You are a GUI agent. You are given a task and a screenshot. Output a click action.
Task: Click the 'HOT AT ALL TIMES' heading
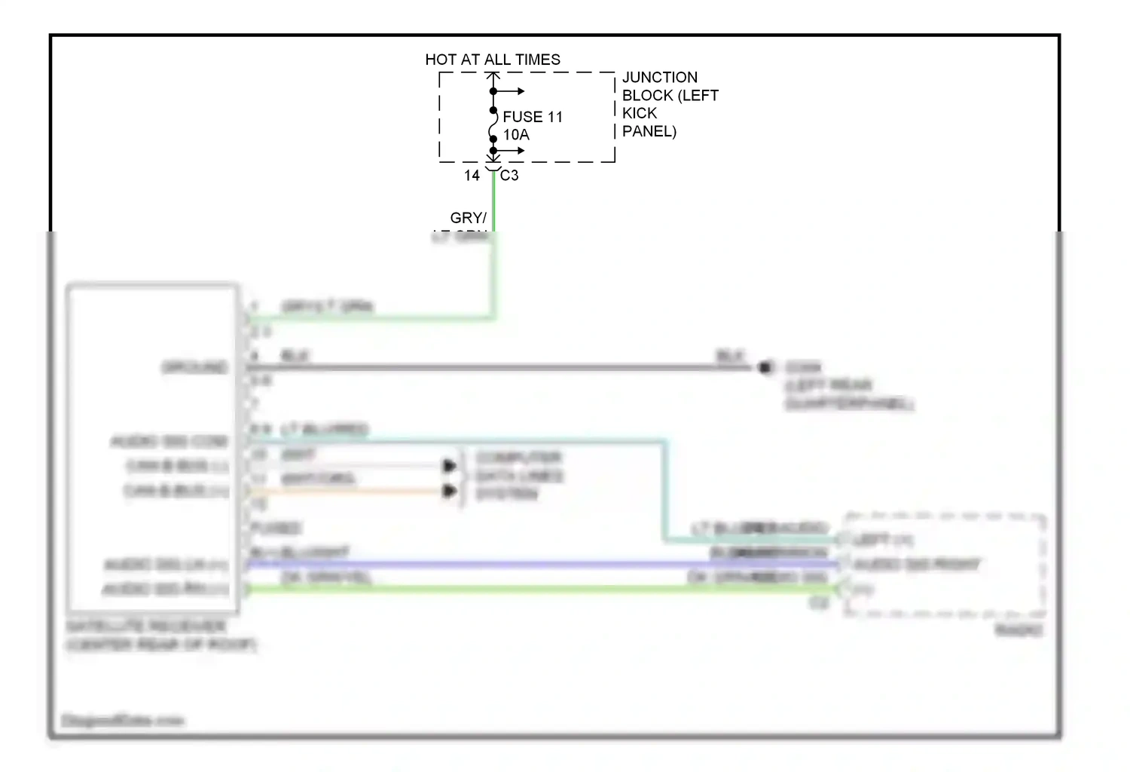pos(493,60)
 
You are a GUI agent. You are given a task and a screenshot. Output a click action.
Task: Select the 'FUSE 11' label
pos(533,117)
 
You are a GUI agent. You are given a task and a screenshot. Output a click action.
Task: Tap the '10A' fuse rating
pos(516,135)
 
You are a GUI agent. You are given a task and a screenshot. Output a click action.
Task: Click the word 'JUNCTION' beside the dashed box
pos(660,78)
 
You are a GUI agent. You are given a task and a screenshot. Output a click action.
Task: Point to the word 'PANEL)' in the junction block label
pos(649,131)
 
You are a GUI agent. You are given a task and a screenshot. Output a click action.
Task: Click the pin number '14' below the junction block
pos(472,176)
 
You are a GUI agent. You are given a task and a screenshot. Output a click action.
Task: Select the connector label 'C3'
pos(509,176)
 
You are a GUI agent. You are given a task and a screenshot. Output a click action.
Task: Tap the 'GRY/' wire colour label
pos(468,218)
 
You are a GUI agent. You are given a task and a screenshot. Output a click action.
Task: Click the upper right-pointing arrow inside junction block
pos(518,92)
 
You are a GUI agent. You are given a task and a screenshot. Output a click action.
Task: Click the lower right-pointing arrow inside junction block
pos(518,151)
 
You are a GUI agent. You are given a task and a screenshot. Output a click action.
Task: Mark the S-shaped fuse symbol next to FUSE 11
pos(493,125)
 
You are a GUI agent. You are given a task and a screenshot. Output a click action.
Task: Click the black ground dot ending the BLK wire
pos(765,367)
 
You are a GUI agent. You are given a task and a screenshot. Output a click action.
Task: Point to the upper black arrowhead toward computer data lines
pos(450,466)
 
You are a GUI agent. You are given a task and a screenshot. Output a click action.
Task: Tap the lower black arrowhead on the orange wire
pos(450,492)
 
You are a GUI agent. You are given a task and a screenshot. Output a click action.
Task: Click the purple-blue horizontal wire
pos(527,564)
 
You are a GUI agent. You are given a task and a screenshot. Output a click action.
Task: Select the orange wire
pos(347,492)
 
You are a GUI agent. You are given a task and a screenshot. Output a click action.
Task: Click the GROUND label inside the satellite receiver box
pos(194,367)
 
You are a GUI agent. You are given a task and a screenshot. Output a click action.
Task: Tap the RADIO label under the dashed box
pos(1019,630)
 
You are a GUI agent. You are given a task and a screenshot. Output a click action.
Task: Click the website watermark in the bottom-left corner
pos(122,721)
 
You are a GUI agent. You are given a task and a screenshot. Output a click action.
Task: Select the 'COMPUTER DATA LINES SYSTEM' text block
pos(519,476)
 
